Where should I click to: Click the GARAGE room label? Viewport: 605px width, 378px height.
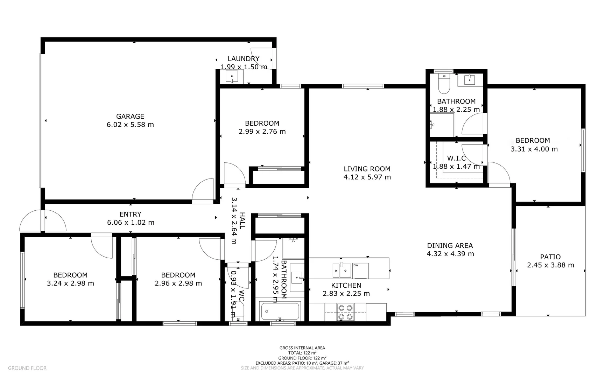coord(130,117)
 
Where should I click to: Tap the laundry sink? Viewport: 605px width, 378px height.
coord(232,77)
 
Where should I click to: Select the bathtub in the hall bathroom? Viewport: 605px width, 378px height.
coord(280,311)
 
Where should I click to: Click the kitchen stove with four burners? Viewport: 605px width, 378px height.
coord(345,312)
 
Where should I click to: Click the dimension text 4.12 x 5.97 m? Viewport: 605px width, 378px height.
coord(367,177)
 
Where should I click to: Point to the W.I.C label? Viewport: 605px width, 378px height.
coord(456,158)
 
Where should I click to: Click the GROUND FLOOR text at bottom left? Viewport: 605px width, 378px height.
coord(27,368)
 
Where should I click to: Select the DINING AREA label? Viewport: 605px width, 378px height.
coord(450,246)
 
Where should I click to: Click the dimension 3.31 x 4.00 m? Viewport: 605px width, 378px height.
coord(534,149)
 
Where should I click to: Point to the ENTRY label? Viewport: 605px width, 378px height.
coord(130,214)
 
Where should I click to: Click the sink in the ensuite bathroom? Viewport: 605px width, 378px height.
coord(469,80)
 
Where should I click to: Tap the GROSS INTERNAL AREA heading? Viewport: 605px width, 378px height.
coord(302,348)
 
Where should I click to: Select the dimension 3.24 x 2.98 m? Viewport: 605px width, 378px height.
coord(70,283)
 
